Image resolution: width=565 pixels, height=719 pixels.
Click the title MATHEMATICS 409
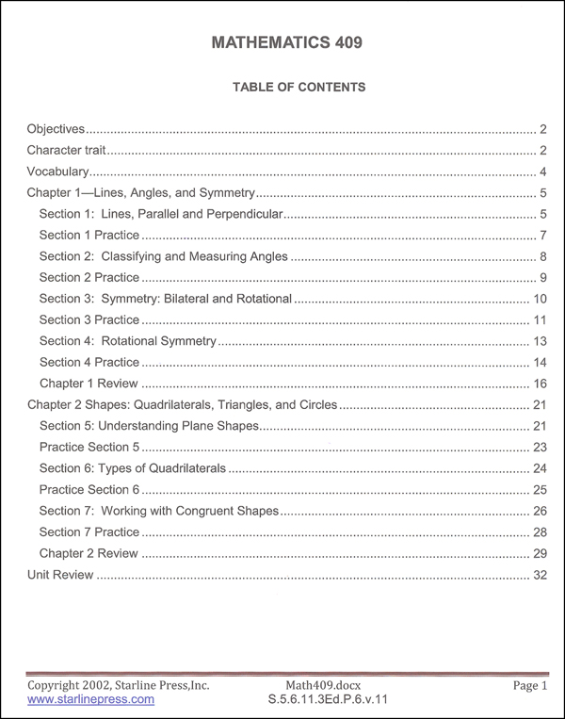[x=282, y=43]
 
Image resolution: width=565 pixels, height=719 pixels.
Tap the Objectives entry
[x=56, y=128]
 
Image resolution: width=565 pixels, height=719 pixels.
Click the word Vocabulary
[x=58, y=172]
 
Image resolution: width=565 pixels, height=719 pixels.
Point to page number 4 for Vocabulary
[x=543, y=172]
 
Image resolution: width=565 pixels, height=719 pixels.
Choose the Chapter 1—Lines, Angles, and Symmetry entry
[x=141, y=193]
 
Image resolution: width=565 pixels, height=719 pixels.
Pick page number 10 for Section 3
[x=540, y=299]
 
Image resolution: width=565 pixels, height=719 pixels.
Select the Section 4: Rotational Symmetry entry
[x=128, y=341]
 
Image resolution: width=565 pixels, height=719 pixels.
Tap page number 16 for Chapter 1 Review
[x=540, y=384]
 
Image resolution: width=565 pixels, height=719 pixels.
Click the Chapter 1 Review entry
[x=89, y=384]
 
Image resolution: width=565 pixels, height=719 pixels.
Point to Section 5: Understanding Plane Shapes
[x=148, y=426]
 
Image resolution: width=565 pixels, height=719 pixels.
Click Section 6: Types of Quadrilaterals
[x=133, y=468]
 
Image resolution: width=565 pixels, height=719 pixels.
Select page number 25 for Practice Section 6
[x=540, y=490]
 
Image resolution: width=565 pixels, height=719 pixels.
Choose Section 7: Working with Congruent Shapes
[x=159, y=511]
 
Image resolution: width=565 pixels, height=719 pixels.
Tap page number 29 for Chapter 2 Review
[x=540, y=553]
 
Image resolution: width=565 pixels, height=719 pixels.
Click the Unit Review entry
[x=60, y=575]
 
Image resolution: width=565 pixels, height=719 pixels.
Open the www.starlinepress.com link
[x=90, y=700]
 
